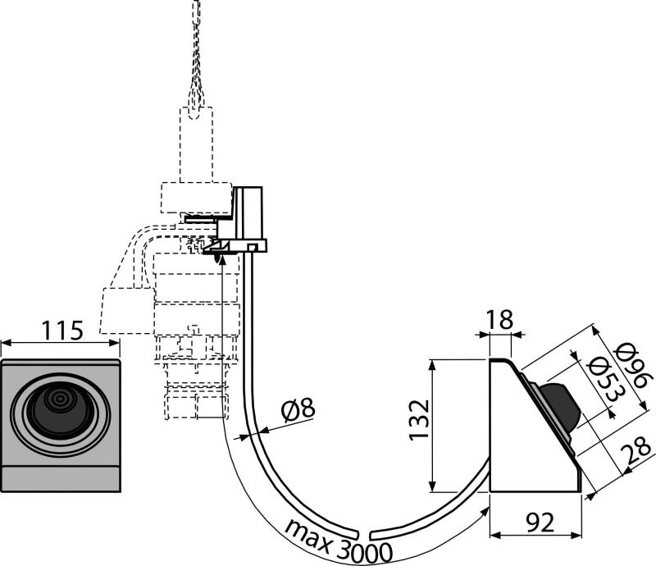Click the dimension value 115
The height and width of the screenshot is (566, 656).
click(61, 331)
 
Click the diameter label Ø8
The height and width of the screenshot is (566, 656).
click(295, 408)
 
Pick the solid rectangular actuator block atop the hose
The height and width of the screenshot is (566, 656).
click(249, 215)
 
